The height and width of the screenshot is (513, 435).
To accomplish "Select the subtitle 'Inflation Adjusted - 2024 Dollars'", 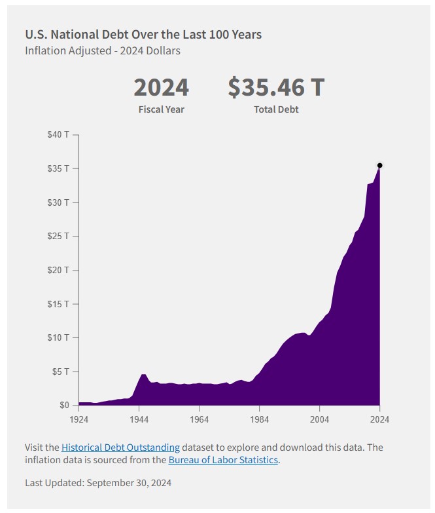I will [x=103, y=50].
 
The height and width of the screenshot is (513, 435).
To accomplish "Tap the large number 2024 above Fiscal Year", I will [x=161, y=87].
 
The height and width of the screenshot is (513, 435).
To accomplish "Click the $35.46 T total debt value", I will [x=276, y=87].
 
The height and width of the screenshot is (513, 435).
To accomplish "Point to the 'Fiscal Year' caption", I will [x=161, y=109].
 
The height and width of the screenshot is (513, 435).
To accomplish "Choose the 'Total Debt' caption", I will [x=276, y=109].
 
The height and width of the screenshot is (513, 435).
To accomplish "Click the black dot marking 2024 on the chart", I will [x=379, y=165].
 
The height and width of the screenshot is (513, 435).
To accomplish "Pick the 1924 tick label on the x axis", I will [x=78, y=419].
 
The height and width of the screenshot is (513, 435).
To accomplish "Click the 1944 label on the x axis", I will [x=139, y=419].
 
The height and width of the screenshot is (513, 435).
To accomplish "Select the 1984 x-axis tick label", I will [x=259, y=419].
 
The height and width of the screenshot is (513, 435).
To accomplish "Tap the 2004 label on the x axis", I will [x=319, y=419].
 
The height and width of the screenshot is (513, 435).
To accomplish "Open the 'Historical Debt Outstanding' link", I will [x=120, y=447].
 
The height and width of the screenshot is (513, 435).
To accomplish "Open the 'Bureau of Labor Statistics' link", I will [x=223, y=460].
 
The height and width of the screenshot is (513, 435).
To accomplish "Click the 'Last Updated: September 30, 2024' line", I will [x=97, y=483].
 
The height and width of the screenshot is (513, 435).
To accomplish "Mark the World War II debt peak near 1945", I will [x=143, y=375].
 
